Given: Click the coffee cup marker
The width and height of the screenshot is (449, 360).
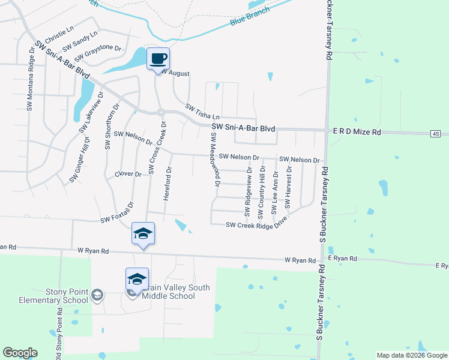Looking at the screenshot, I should coord(158,59).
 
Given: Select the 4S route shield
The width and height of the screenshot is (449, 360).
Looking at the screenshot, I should coord(435,133).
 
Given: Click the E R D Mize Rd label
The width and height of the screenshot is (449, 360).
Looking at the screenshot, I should coord(357,131).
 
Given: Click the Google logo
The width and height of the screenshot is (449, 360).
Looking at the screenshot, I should coord(20,353).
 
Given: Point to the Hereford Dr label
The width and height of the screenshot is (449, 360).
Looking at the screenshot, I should coord(168,184).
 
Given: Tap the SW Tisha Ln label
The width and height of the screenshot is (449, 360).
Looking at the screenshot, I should coord(203,111).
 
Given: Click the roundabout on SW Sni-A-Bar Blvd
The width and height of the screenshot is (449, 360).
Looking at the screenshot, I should coord(161,112).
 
